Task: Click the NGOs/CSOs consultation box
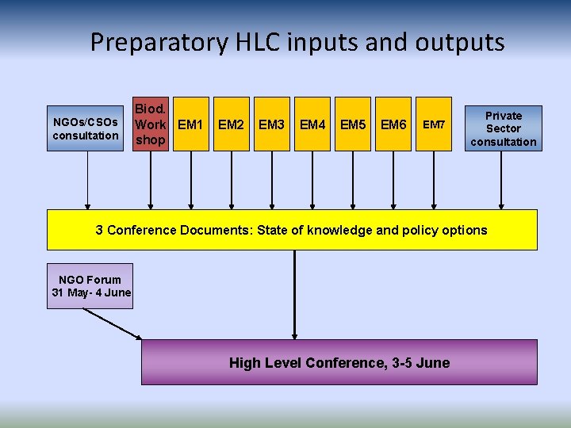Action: pyautogui.click(x=86, y=128)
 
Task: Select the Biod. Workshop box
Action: pyautogui.click(x=150, y=124)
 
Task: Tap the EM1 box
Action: pyautogui.click(x=190, y=124)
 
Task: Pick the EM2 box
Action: pyautogui.click(x=231, y=124)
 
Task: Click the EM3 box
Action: pyautogui.click(x=272, y=124)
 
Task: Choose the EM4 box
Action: pyautogui.click(x=312, y=124)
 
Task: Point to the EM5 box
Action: pyautogui.click(x=353, y=124)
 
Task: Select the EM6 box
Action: pyautogui.click(x=394, y=124)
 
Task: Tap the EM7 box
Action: pyautogui.click(x=435, y=124)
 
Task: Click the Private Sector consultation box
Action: pyautogui.click(x=504, y=128)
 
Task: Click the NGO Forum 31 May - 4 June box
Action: pyautogui.click(x=90, y=285)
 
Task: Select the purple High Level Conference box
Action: pyautogui.click(x=339, y=362)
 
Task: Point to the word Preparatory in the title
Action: pyautogui.click(x=158, y=41)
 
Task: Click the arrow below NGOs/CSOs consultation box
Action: pyautogui.click(x=87, y=178)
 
